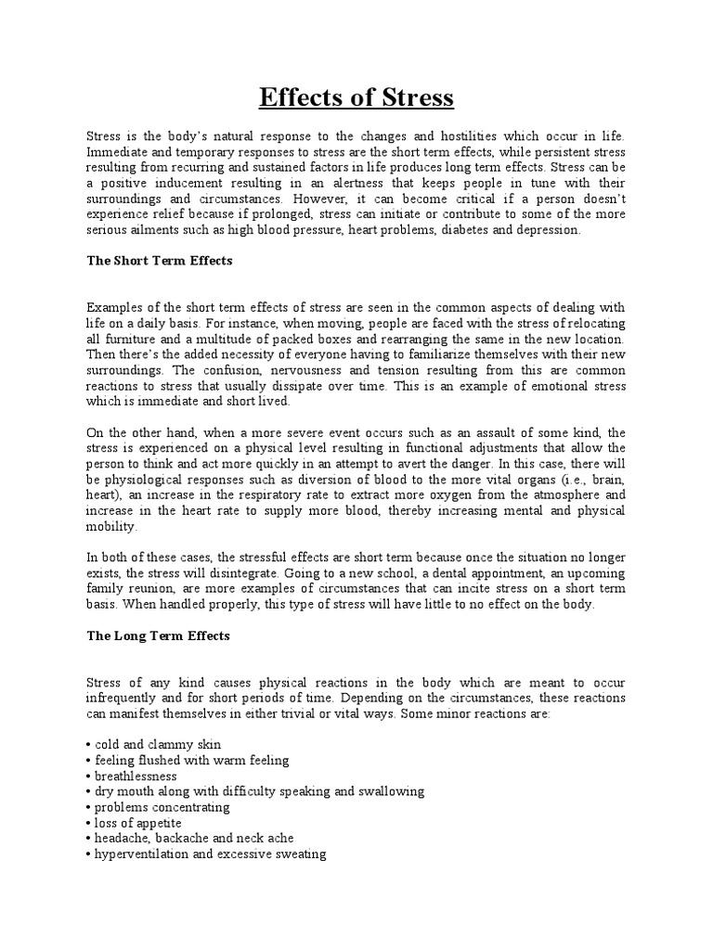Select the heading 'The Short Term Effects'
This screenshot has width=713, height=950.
point(159,261)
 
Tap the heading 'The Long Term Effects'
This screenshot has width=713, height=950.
point(158,636)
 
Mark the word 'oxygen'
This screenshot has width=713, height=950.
point(463,496)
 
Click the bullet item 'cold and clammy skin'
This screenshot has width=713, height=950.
point(158,745)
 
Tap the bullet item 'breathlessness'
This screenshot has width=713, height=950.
point(136,776)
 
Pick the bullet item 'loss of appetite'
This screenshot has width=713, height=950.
point(137,823)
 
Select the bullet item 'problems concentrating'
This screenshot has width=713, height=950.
point(162,807)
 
